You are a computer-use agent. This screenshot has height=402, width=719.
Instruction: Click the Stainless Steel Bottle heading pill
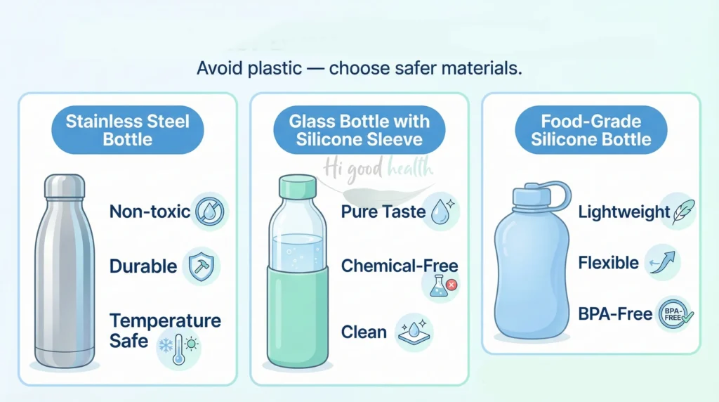128,129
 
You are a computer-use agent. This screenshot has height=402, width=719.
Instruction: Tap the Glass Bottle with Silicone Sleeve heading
359,129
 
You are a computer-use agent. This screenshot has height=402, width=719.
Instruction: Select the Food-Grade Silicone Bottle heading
591,129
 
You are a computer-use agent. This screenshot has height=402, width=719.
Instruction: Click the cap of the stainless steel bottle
65,186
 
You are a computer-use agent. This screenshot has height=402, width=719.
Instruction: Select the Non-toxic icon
209,211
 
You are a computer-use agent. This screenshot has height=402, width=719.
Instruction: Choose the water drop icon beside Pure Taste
440,211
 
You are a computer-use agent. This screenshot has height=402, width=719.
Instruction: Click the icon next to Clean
415,332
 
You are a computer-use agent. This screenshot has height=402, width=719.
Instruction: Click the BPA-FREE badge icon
674,314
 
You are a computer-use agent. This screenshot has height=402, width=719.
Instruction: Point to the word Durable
143,266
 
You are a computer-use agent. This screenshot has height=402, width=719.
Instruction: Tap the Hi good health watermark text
379,168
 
